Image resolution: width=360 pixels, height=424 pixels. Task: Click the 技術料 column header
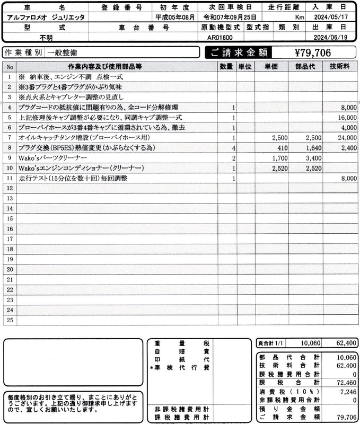coord(339,66)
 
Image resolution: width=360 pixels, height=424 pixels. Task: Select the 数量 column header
coord(226,66)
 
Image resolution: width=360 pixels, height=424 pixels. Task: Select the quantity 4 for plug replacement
coord(233,148)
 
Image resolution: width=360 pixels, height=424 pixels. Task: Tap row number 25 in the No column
coord(9,320)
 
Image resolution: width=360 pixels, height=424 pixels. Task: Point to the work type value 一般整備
coord(62,52)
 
